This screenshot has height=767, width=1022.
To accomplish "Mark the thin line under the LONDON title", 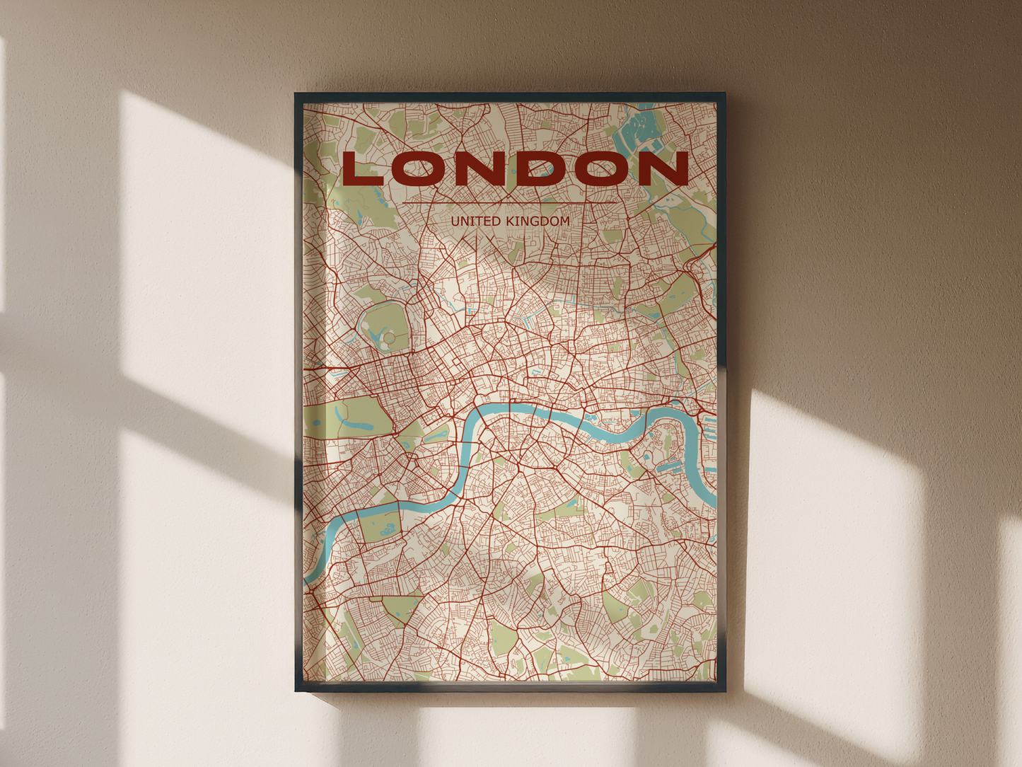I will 509,203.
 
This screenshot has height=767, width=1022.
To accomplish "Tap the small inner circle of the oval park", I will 389,339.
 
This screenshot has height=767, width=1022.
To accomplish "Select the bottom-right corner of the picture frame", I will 724,691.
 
